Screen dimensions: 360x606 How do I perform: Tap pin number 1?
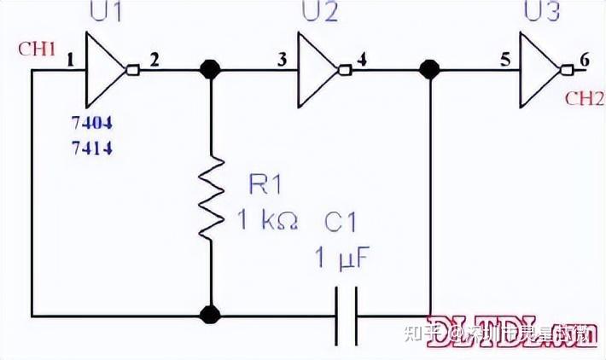coord(70,60)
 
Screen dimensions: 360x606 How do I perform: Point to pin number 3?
coord(281,60)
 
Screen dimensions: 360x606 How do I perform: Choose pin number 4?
coord(364,60)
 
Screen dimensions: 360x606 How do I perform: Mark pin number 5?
coord(505,60)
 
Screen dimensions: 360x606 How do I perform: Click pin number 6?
coord(584,60)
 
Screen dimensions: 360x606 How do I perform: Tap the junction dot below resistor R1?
coord(209,315)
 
